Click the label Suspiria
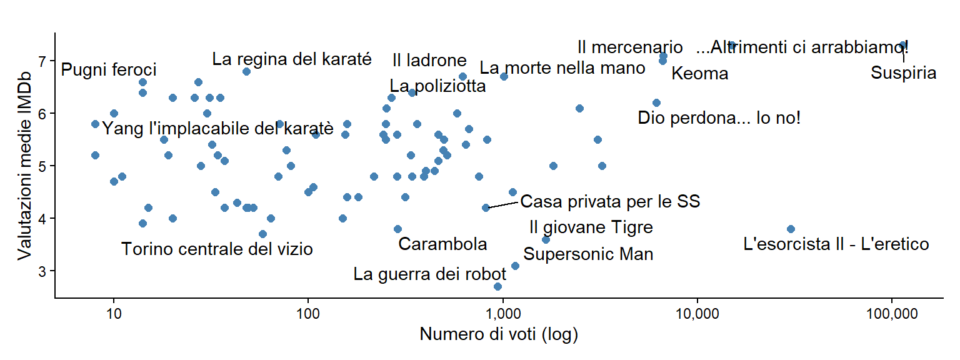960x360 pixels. point(903,73)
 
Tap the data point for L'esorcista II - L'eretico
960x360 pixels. point(791,229)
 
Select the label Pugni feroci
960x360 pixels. point(109,69)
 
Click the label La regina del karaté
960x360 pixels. point(292,59)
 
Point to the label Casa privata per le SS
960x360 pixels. point(609,202)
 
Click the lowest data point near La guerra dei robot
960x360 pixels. point(497,286)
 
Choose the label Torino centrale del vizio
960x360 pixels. point(217,249)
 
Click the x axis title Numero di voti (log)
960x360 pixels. point(498,335)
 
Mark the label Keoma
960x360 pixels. point(699,74)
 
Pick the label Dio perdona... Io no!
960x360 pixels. point(719,117)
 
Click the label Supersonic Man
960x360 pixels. point(588,254)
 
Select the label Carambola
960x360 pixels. point(442,244)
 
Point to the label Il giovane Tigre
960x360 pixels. point(591,227)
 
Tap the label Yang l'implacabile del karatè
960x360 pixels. point(217,129)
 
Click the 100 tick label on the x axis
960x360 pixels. point(308,312)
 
